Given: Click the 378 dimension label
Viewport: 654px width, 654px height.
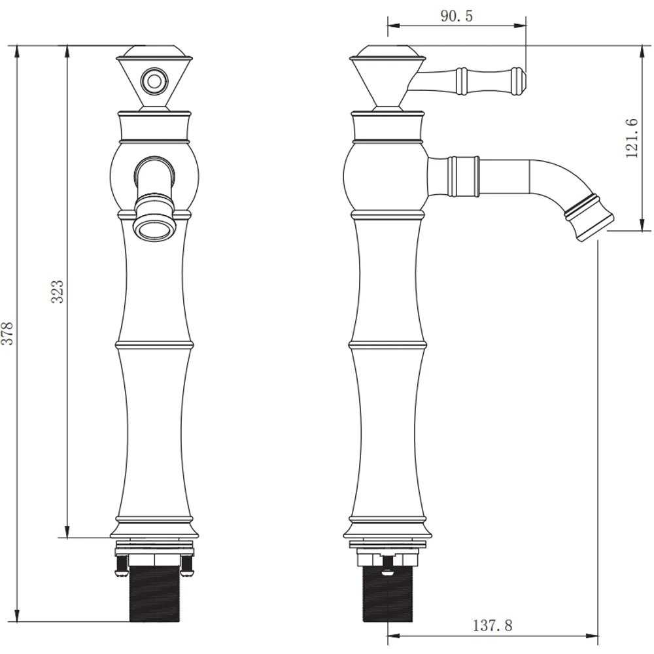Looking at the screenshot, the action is [8, 333].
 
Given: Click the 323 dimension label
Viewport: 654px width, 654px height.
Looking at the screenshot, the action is [58, 292].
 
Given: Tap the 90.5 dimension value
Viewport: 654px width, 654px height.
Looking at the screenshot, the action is [456, 16].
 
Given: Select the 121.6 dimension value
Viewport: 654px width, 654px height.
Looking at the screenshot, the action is [632, 138].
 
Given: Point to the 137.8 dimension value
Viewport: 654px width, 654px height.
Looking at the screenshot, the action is [492, 625].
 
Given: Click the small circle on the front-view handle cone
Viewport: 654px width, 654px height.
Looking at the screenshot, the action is [154, 80].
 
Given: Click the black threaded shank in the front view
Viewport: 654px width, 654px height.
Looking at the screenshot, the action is [154, 594].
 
